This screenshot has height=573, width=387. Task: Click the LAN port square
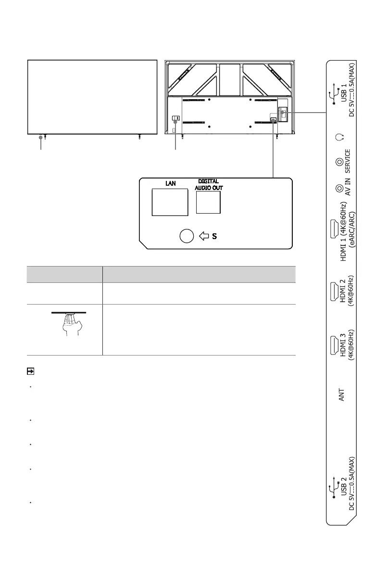coord(170,202)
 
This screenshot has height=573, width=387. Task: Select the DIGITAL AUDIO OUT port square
coord(208,202)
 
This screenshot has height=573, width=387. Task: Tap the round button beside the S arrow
coord(187,236)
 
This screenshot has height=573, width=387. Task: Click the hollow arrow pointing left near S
coord(204,236)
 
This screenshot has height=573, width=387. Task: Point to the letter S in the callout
coord(214,236)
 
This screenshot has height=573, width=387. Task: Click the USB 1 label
coord(344,93)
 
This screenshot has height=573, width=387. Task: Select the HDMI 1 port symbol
coord(334,229)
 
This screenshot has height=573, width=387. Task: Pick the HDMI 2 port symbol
coord(334,292)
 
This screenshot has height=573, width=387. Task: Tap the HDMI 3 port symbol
coord(334,345)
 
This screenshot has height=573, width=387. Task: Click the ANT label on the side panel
coord(341,395)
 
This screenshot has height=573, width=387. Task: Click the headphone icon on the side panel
coord(339,138)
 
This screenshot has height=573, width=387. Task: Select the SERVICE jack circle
coord(339,162)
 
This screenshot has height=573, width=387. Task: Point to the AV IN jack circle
coord(339,189)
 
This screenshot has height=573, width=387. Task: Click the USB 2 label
coord(344,486)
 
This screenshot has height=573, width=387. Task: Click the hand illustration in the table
coord(71,324)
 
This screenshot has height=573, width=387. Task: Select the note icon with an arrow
coord(31,371)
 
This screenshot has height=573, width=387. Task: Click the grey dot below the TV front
coord(40,138)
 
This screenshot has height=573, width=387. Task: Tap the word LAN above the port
coord(171,183)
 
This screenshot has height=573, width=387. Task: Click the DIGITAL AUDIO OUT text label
coord(209,185)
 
